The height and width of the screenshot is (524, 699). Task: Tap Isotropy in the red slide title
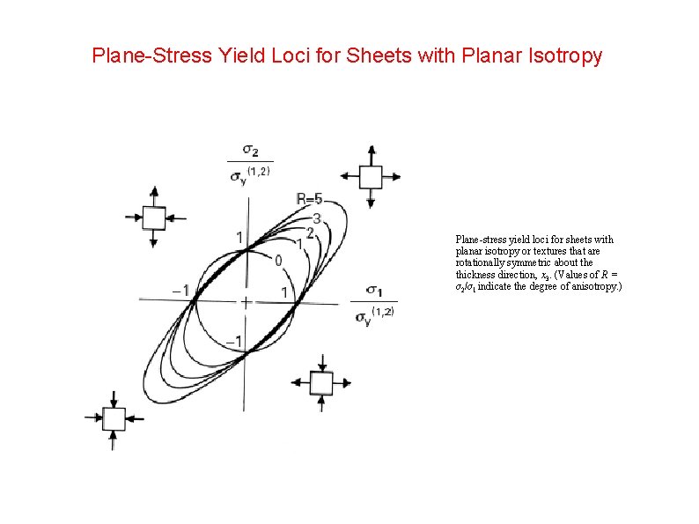[x=561, y=56]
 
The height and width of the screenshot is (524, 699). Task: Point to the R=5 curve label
[x=309, y=199]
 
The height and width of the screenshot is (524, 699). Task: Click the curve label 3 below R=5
[x=317, y=218]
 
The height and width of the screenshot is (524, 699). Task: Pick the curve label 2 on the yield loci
[x=310, y=232]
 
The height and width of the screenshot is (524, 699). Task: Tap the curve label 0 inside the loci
[x=278, y=261]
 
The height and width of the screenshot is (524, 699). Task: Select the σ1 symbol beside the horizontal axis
[x=373, y=291]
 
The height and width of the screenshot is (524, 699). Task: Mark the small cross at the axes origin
[x=246, y=302]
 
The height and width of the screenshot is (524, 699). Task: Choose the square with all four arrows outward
[x=371, y=177]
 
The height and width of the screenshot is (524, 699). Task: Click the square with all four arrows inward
[x=114, y=418]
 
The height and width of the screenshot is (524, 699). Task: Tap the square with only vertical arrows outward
[x=154, y=218]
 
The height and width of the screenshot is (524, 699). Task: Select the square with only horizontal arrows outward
[x=321, y=382]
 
